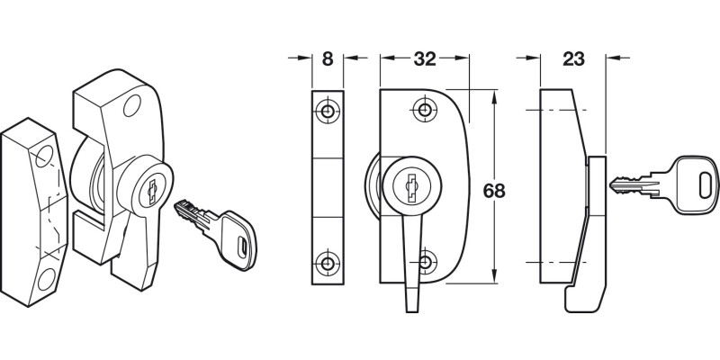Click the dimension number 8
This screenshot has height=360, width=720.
tap(327, 60)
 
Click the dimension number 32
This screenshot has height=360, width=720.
tap(424, 60)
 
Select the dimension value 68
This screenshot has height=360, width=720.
tap(494, 191)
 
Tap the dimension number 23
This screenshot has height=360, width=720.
tap(573, 60)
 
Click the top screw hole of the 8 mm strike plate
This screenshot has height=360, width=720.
tap(328, 112)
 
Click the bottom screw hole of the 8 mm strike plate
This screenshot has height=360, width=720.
tap(328, 264)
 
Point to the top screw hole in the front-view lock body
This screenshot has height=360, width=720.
tap(424, 111)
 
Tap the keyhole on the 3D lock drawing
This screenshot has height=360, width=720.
tap(151, 190)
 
